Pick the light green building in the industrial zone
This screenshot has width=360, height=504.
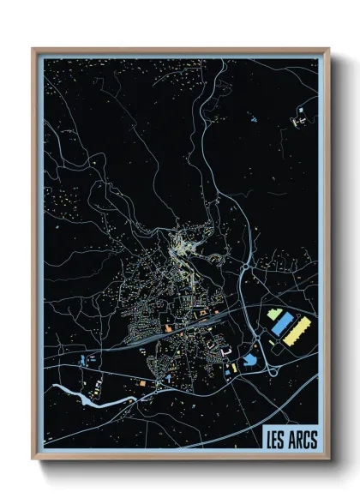coord(274,315)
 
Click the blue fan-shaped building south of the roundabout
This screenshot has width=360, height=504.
coord(250,360)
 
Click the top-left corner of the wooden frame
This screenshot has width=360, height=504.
coord(35,51)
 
